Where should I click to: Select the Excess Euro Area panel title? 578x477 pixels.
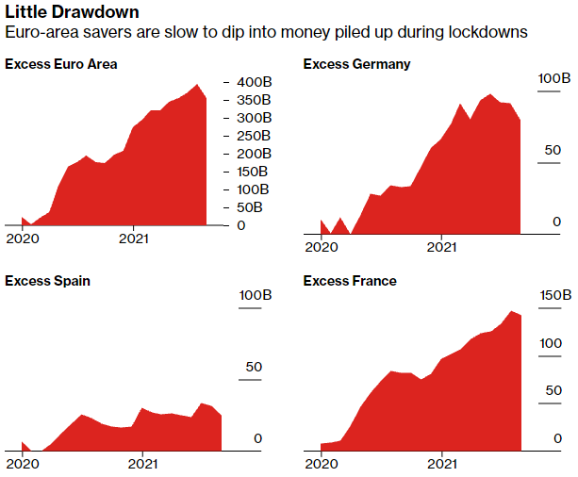coord(61,64)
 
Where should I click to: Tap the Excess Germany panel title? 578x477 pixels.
coord(356,64)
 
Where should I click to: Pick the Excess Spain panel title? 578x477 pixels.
coord(48,281)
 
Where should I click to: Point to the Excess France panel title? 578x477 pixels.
coord(350,281)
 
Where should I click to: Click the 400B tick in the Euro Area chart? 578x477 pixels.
coord(254,81)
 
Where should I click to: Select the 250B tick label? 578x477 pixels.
coord(254,136)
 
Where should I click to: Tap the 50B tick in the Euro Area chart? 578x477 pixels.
coord(250,207)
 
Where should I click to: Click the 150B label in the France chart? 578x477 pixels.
coord(554,295)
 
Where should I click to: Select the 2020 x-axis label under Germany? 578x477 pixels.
coord(322,247)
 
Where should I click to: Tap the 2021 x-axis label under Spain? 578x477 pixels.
coord(142,463)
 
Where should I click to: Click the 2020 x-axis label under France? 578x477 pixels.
coord(322,463)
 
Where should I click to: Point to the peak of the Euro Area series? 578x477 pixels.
coord(198,85)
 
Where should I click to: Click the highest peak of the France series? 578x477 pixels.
coord(512,311)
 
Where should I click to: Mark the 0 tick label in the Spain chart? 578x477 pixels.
coord(256,438)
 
